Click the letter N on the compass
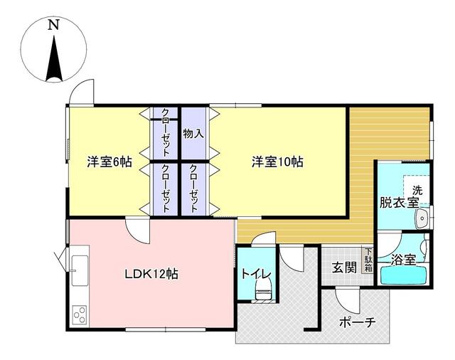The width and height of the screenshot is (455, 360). click(53, 25)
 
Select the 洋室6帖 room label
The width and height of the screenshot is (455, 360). click(109, 162)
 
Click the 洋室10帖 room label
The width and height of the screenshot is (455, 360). click(277, 162)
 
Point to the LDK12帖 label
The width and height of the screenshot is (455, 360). click(151, 274)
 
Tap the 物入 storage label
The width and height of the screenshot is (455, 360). click(193, 134)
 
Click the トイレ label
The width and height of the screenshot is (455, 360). click(256, 274)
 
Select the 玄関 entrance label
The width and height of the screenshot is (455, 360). click(344, 268)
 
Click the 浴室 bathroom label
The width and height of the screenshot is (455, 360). click(403, 260)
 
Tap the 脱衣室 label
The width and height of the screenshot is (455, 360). click(400, 202)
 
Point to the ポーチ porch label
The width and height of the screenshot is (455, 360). click(358, 322)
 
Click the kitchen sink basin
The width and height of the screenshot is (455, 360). click(80, 270)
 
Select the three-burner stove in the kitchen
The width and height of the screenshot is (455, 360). click(80, 315)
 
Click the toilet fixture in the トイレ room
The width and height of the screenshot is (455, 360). click(264, 290)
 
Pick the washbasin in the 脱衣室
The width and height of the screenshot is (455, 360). click(422, 218)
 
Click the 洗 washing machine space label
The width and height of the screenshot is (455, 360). click(417, 191)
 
